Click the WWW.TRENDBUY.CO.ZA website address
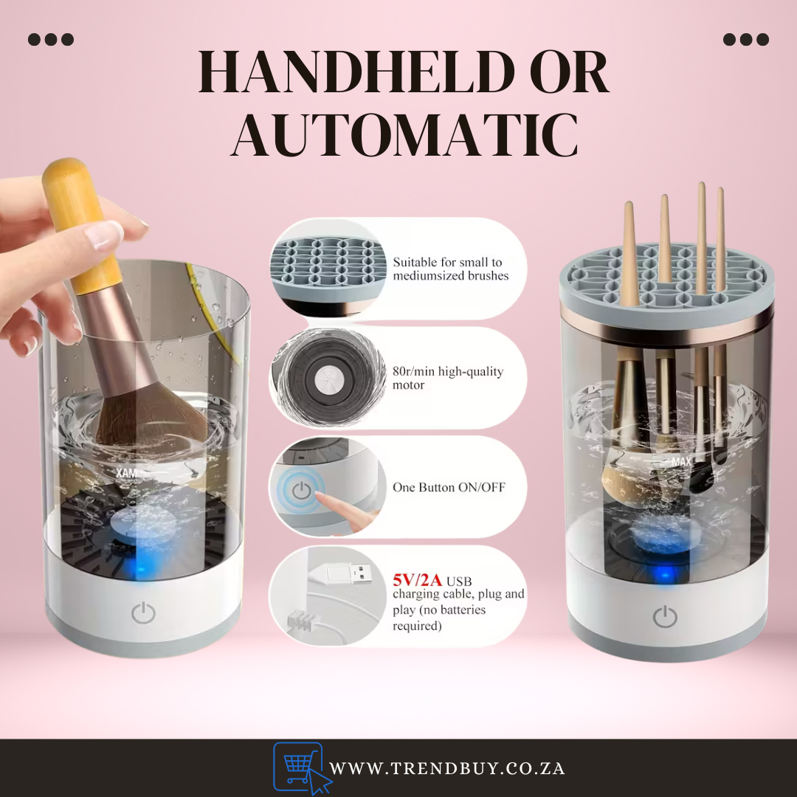[447, 768]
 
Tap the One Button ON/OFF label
[449, 487]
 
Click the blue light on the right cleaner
[665, 575]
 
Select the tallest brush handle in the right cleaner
[701, 236]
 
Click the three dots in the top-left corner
[51, 39]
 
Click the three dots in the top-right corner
[745, 39]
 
